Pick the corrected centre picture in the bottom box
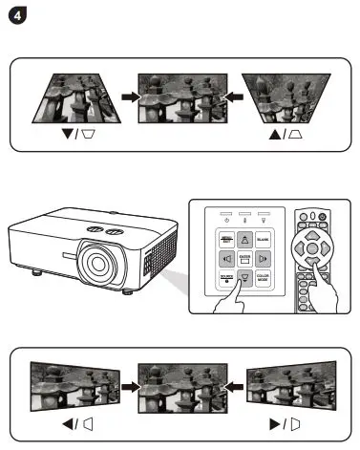pyautogui.click(x=178, y=386)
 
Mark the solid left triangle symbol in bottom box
pyautogui.click(x=67, y=422)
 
